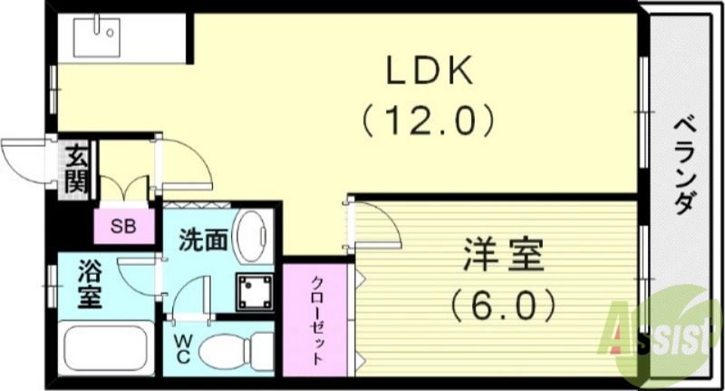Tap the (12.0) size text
pyautogui.click(x=428, y=119)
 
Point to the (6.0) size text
pyautogui.click(x=504, y=306)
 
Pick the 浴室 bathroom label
pyautogui.click(x=88, y=285)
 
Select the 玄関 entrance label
pyautogui.click(x=75, y=170)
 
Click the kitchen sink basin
pyautogui.click(x=98, y=36)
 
